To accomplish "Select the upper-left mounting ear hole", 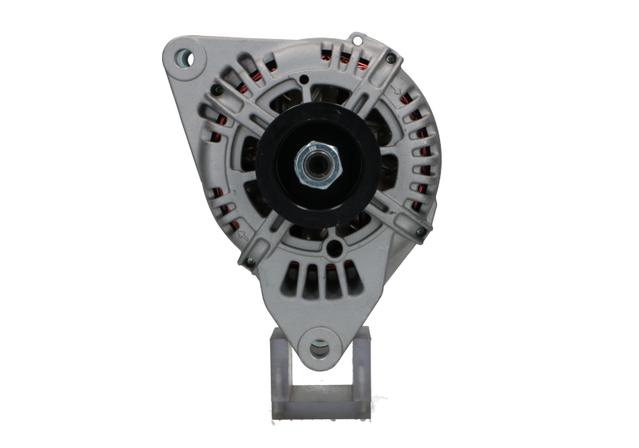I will pos(184,57).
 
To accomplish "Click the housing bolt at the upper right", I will pos(389,58).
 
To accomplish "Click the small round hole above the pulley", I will pos(306,78).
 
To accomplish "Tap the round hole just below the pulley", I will pos(323,234).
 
